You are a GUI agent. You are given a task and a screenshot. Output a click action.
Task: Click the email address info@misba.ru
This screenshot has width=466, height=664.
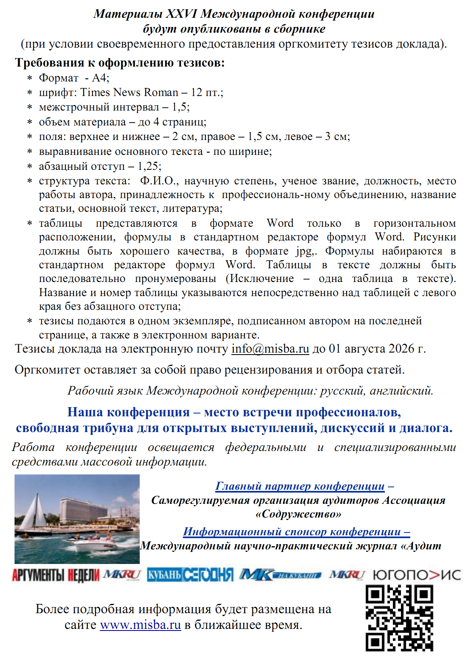[x=270, y=349]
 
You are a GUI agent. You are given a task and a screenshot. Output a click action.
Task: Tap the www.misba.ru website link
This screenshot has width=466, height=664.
[x=140, y=625]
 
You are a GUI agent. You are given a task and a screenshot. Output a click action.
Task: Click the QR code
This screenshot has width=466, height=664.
[x=399, y=618]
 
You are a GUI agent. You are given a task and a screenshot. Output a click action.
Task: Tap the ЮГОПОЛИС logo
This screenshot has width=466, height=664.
[x=416, y=575]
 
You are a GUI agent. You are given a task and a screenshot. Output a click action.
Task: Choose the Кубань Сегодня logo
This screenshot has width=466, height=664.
[x=190, y=575]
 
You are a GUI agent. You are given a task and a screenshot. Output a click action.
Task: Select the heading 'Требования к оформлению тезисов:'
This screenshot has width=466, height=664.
[x=120, y=63]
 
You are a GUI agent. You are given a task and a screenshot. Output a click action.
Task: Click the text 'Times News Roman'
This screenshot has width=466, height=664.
[x=129, y=92]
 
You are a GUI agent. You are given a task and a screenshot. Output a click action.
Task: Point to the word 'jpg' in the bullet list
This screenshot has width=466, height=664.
[x=304, y=251]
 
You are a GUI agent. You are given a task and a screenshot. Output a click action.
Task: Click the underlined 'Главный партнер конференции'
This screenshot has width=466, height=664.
[x=300, y=486]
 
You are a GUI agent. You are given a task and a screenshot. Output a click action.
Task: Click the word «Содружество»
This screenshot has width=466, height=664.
[x=298, y=514]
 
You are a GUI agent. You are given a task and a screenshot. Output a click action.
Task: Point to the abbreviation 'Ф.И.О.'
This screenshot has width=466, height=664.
[x=157, y=181]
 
